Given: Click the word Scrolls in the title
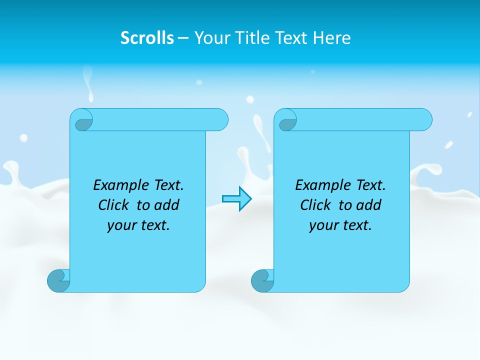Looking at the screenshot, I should tap(147, 38).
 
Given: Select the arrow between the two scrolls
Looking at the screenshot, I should tap(236, 199).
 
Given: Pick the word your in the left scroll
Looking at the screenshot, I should tap(120, 225).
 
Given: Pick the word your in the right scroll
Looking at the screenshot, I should tap(322, 225).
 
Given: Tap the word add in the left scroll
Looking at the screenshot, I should tap(167, 205).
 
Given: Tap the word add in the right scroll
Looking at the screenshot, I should tap(369, 205).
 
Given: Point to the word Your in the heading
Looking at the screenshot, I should tap(210, 38).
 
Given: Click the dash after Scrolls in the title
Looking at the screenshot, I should tap(183, 38).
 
